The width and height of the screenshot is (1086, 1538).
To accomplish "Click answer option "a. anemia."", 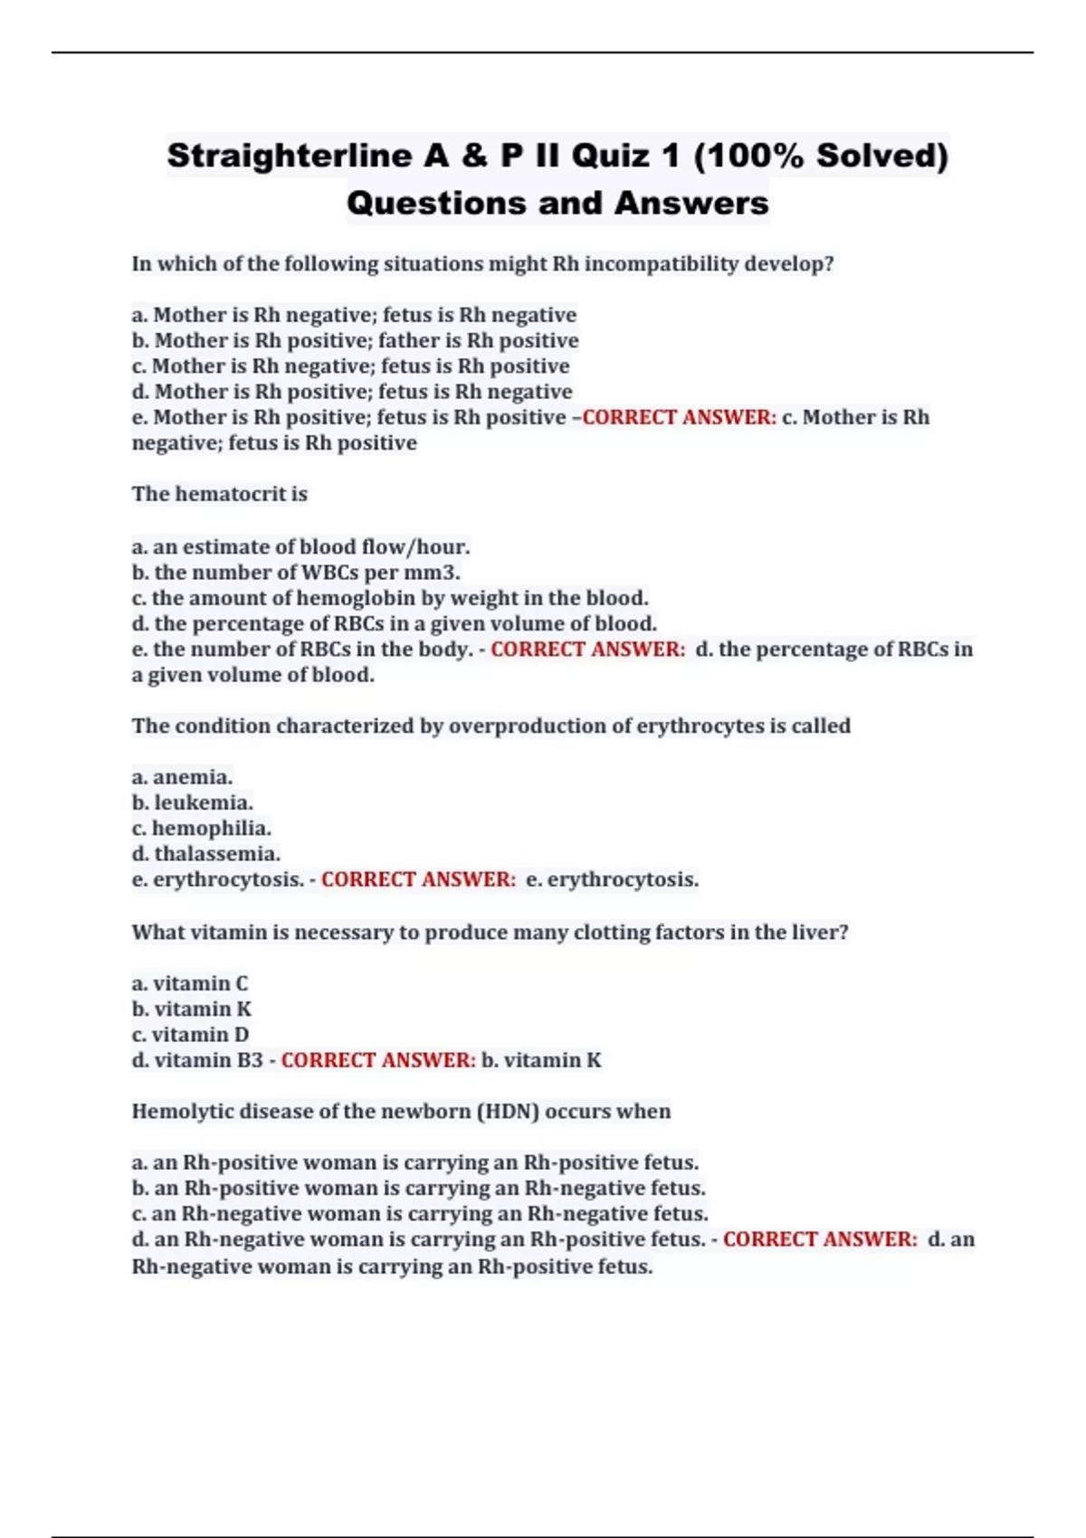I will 182,777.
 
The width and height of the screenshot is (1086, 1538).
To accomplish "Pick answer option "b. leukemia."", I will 192,802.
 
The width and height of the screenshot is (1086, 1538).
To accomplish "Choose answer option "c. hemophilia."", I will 201,828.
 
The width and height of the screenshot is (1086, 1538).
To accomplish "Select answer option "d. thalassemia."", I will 205,853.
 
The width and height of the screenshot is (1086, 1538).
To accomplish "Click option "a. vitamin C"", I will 189,983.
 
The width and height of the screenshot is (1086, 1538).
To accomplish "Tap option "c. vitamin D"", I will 190,1034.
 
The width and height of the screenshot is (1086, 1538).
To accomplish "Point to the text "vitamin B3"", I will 208,1059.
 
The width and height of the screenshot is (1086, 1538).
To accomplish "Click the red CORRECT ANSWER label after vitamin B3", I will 377,1059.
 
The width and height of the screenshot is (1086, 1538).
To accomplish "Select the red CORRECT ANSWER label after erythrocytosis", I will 418,879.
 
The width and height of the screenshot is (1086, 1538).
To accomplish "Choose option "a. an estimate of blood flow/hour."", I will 300,547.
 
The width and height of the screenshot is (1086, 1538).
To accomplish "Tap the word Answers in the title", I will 691,203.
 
